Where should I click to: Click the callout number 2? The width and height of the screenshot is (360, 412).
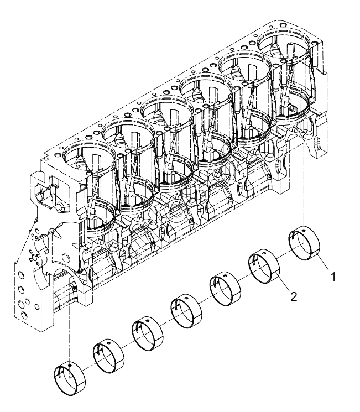click(294, 296)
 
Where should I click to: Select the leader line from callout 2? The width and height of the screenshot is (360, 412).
click(284, 285)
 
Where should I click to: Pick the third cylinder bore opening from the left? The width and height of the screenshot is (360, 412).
click(166, 109)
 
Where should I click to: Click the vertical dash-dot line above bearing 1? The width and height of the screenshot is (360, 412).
click(304, 182)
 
